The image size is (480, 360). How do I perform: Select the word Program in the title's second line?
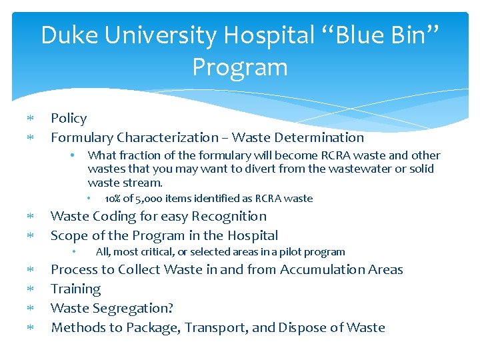(x=240, y=67)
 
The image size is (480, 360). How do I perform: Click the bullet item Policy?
(x=69, y=119)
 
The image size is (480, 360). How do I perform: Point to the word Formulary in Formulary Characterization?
(x=81, y=138)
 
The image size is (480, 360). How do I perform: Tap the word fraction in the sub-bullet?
(x=135, y=155)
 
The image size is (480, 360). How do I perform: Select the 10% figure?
(x=113, y=199)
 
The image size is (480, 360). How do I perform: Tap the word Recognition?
(x=229, y=216)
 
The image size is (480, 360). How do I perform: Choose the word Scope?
(x=69, y=235)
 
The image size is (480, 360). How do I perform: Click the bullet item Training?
(x=76, y=289)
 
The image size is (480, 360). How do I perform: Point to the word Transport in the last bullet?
(x=215, y=327)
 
